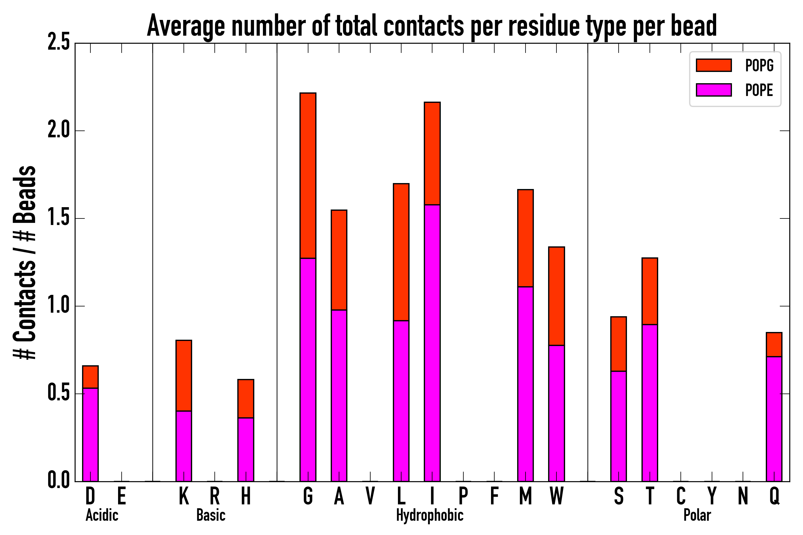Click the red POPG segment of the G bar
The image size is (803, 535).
(308, 175)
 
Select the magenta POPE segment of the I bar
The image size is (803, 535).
(432, 343)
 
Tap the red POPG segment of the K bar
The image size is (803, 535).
(184, 375)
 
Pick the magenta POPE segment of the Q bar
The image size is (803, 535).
(774, 419)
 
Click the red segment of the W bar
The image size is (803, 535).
(556, 296)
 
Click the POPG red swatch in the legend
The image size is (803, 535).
(713, 65)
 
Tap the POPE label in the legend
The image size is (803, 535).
(759, 90)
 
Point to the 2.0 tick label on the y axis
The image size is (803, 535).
(58, 130)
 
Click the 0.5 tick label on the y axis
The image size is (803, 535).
(58, 394)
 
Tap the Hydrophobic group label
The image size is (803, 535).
(429, 515)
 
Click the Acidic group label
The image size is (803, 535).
(102, 515)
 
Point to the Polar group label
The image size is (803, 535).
(697, 515)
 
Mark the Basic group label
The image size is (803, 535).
(211, 515)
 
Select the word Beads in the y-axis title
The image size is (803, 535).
(25, 194)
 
